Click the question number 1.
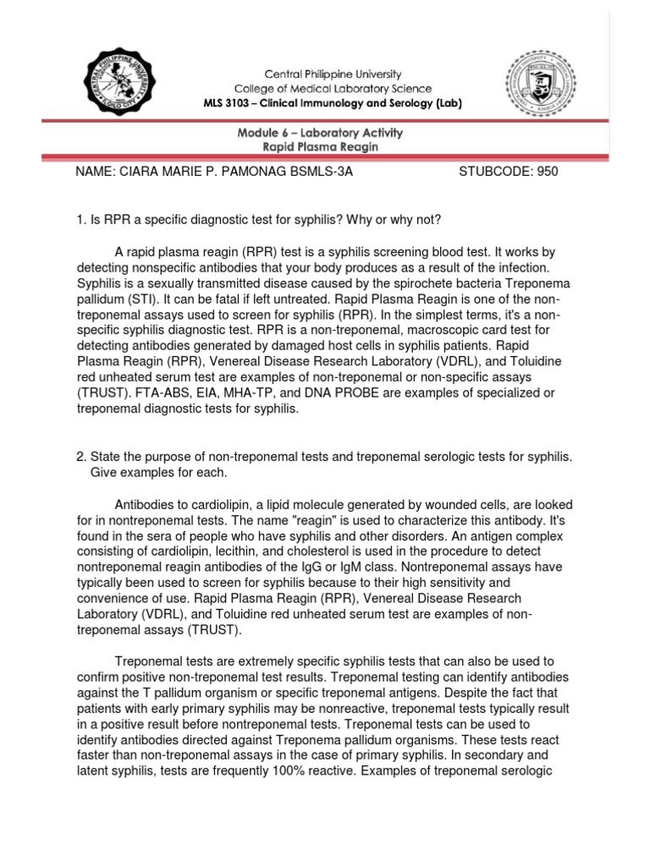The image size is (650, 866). click(x=80, y=221)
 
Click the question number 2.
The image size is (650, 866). click(x=80, y=457)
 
